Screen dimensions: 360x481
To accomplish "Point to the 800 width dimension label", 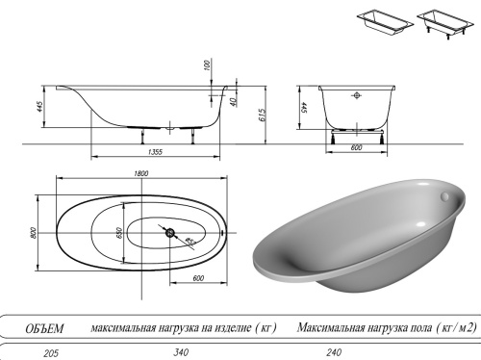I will coord(33,233).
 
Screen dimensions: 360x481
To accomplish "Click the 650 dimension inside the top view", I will coord(120,234).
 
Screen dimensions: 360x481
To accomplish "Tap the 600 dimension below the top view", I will coord(199,279).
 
